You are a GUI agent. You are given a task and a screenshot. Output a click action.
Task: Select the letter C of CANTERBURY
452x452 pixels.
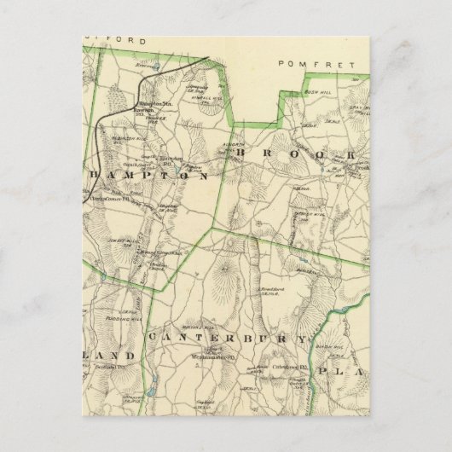pos(154,339)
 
